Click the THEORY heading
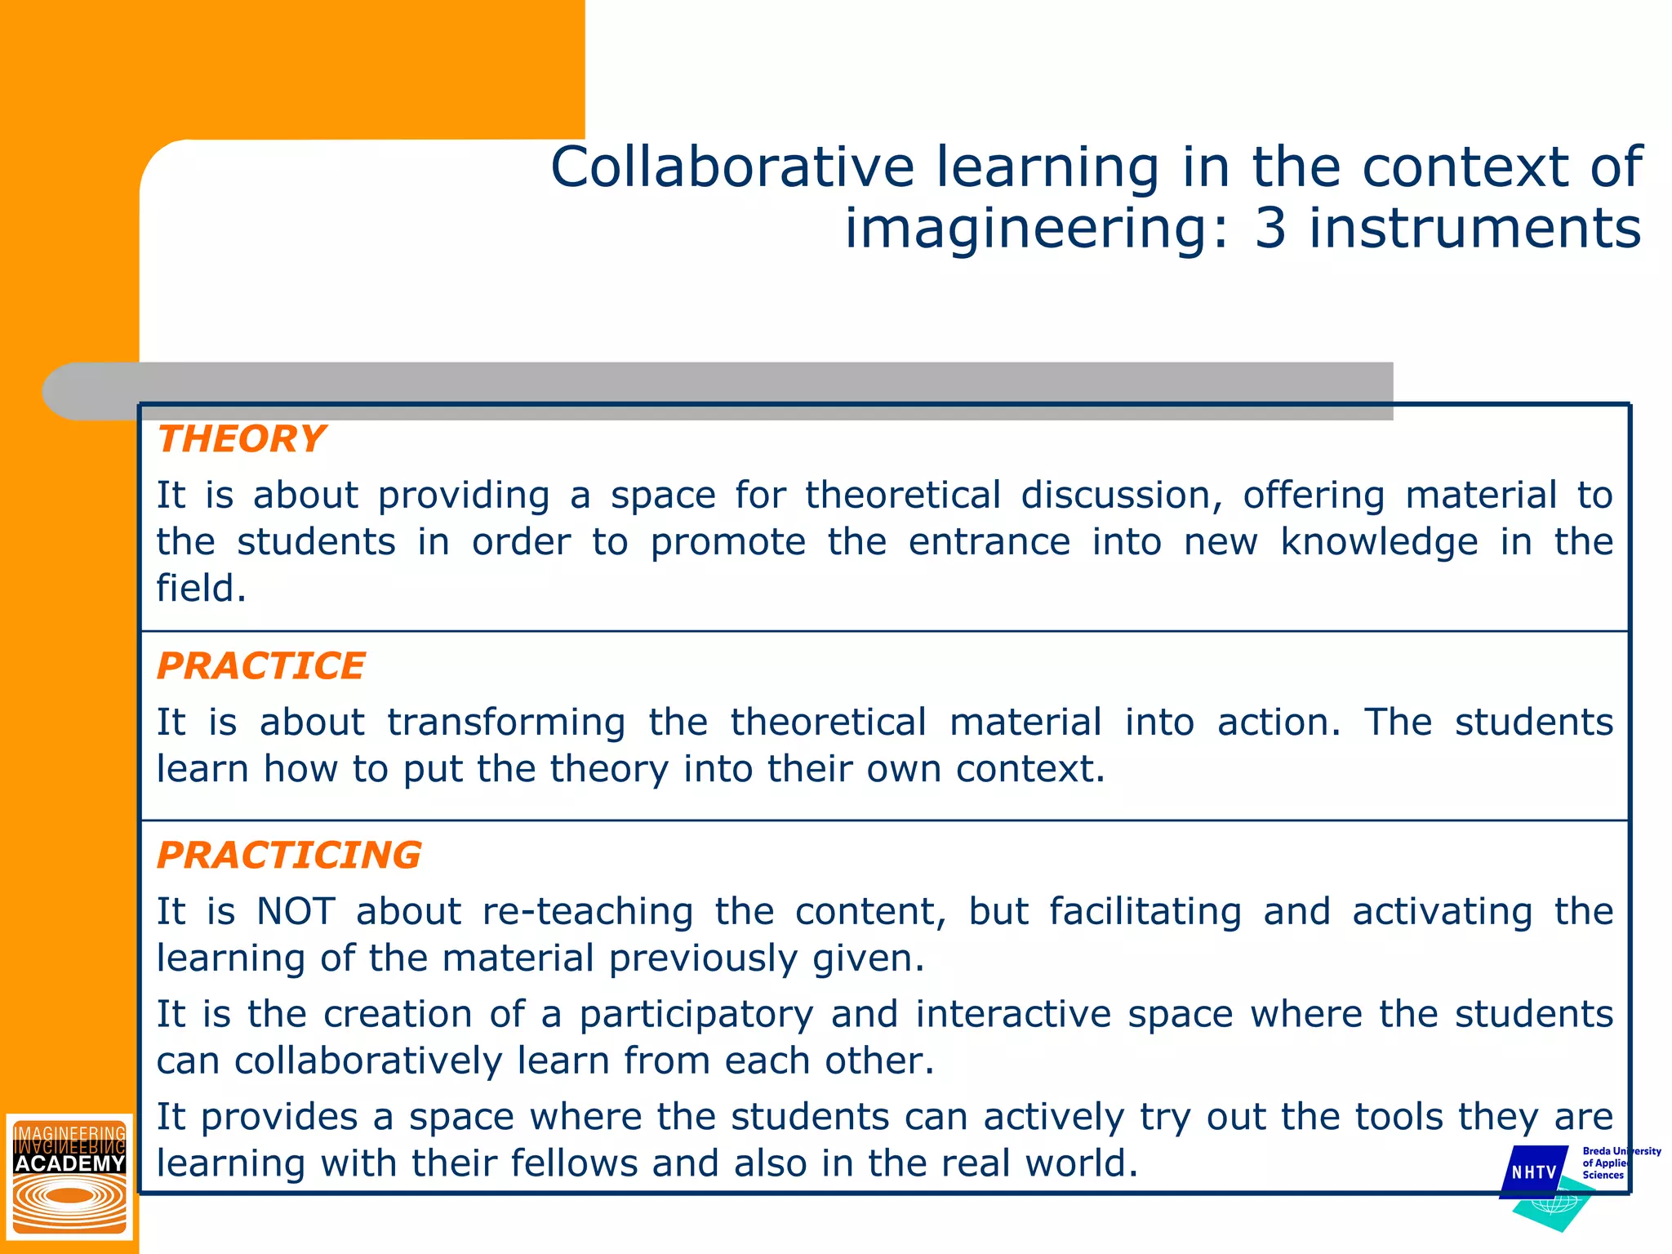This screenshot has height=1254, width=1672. click(x=242, y=439)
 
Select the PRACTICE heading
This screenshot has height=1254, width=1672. click(x=260, y=666)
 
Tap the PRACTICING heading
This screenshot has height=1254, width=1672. click(x=289, y=856)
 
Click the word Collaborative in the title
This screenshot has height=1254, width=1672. click(x=732, y=167)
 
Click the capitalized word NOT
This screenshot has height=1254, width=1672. click(x=296, y=911)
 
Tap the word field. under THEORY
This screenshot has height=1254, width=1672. click(x=201, y=589)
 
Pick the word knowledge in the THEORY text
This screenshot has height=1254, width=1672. click(x=1379, y=543)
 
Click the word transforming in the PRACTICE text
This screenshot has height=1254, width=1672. click(x=506, y=723)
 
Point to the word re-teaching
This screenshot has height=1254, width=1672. click(x=588, y=912)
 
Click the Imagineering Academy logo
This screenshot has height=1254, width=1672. click(x=69, y=1176)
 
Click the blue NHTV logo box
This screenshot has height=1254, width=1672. click(x=1534, y=1172)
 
